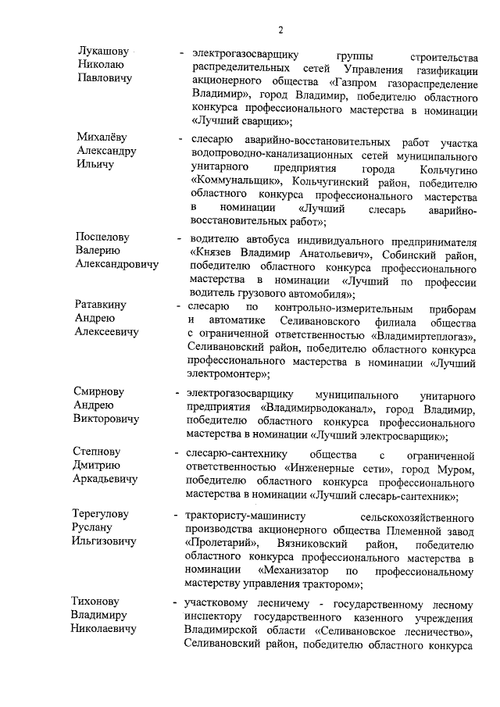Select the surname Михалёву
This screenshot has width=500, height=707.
pyautogui.click(x=102, y=137)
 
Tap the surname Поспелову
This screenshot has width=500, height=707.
pyautogui.click(x=102, y=236)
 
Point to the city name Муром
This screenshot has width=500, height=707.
pyautogui.click(x=456, y=469)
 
